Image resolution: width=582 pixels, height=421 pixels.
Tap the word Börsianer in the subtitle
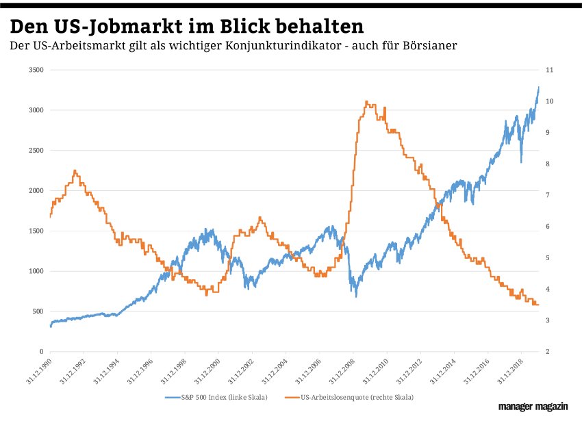click(427, 46)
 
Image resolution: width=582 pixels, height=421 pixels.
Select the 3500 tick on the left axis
click(35, 71)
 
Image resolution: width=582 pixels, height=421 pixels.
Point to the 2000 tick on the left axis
click(35, 191)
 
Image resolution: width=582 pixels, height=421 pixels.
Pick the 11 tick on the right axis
click(549, 71)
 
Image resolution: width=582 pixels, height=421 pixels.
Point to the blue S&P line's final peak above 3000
click(538, 87)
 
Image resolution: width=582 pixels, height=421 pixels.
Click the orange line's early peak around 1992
click(75, 170)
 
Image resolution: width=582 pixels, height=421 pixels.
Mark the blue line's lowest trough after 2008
click(355, 295)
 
